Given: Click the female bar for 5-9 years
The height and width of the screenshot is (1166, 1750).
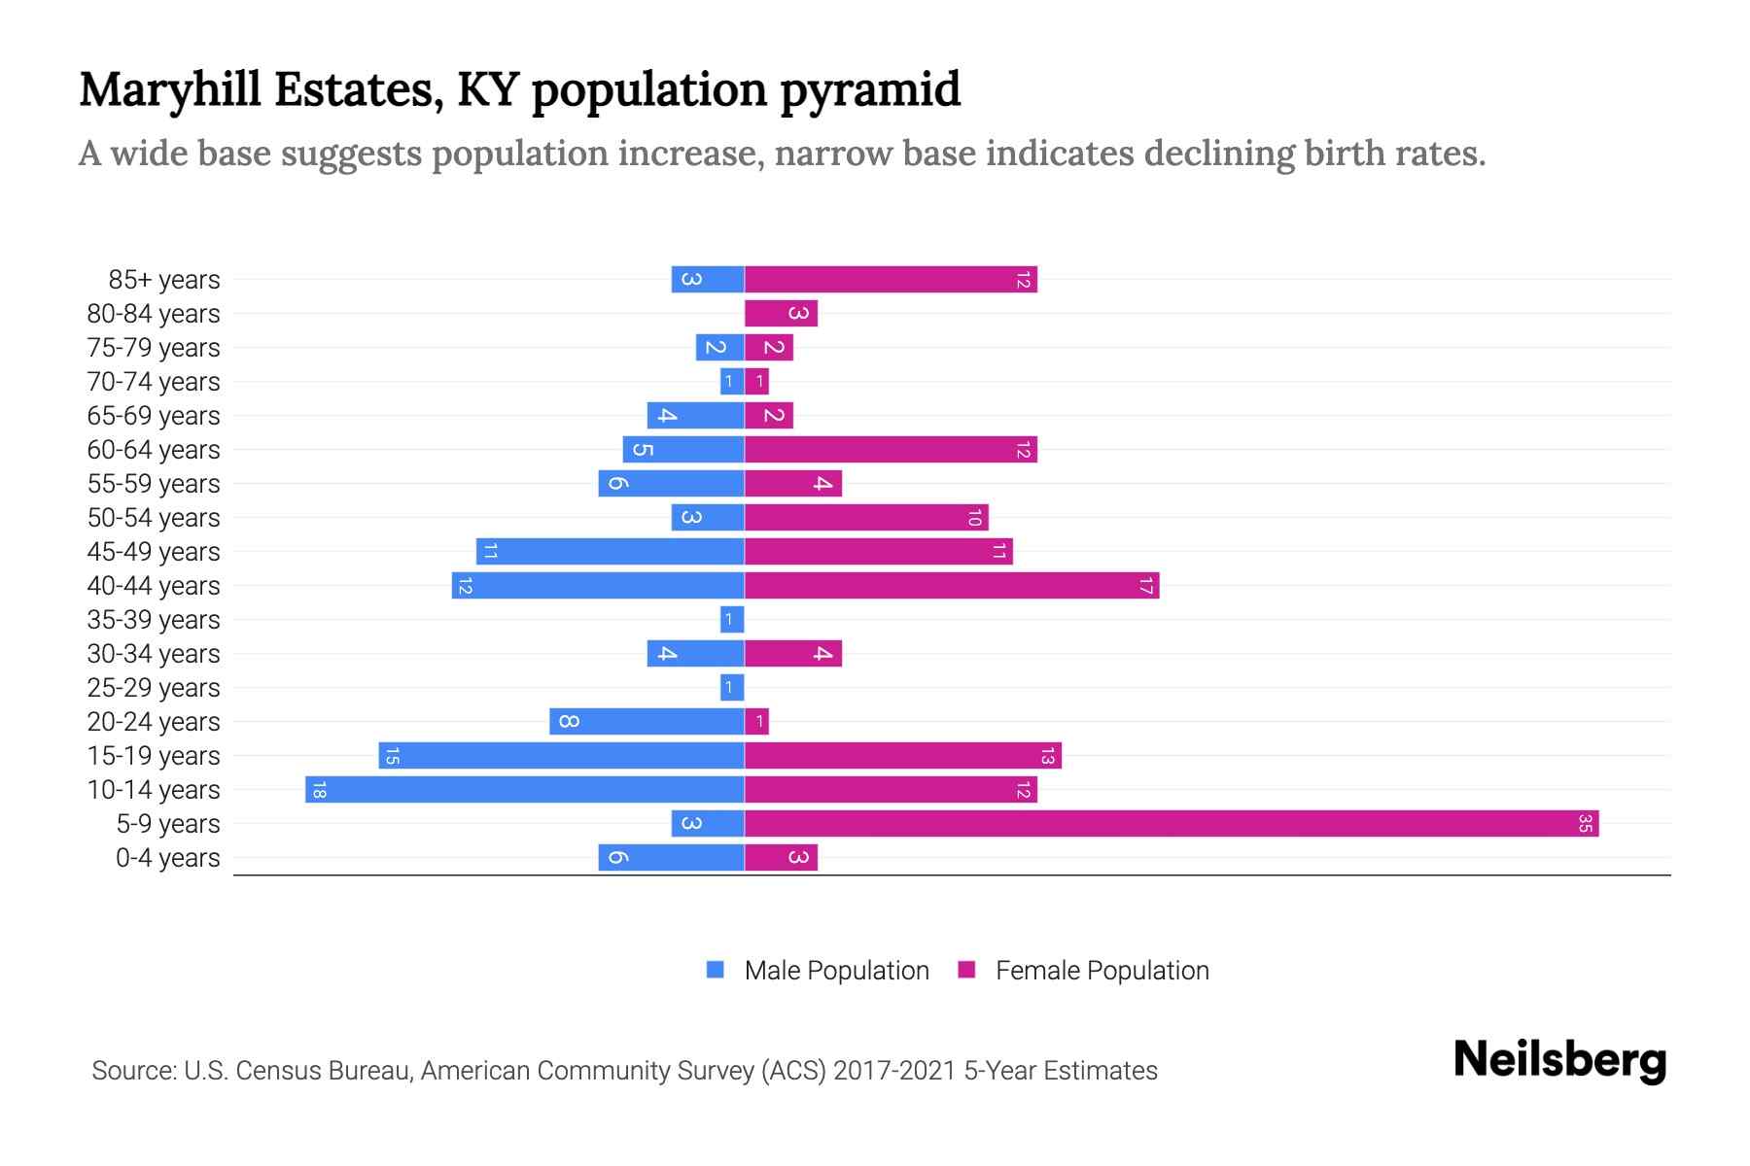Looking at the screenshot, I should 1172,824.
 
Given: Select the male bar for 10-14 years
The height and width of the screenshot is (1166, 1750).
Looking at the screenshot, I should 525,790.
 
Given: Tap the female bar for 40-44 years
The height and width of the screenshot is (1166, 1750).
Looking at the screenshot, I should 952,586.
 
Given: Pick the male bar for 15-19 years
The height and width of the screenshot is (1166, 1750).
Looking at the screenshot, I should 562,756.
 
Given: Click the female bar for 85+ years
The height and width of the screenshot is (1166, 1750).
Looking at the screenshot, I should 891,280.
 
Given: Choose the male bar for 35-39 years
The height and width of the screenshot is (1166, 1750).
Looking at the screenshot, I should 732,620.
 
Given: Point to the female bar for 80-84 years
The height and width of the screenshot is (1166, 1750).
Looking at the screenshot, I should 781,314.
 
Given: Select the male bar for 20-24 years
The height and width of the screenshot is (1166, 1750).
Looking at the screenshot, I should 647,722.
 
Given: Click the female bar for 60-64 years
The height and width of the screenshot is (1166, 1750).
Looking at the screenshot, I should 891,450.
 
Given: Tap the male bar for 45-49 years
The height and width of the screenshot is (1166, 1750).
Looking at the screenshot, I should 611,552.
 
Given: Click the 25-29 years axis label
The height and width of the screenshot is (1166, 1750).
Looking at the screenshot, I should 154,688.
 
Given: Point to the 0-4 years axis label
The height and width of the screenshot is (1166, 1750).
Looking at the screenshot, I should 167,858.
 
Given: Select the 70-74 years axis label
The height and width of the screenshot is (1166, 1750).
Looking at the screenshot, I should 154,382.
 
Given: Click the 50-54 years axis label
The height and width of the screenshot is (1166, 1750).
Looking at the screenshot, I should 154,518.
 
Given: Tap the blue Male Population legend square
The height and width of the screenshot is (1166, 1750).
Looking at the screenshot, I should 716,970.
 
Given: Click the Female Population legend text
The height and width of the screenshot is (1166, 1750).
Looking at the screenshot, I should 1102,971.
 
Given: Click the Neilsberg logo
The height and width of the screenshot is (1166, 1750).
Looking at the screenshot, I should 1559,1060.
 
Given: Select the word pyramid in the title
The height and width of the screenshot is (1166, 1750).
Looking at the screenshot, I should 870,90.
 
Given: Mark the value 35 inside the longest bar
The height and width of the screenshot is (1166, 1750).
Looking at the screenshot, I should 1585,824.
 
